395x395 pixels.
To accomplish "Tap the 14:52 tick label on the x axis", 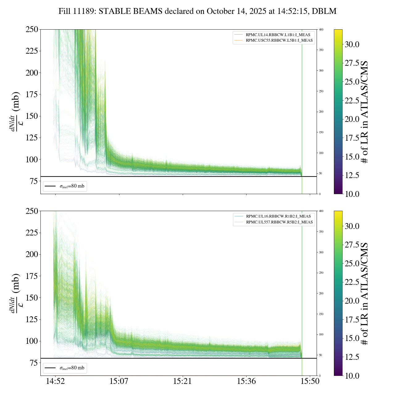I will (x=55, y=381).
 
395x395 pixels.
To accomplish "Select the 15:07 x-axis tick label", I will (x=119, y=381).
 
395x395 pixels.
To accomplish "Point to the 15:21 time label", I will (x=183, y=381).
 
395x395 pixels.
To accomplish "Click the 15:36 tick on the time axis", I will (x=246, y=381).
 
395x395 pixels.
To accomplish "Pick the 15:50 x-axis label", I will (x=310, y=381).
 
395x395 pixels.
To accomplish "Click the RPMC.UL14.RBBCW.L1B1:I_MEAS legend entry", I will (x=278, y=35).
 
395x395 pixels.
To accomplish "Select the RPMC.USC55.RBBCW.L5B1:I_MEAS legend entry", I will (x=279, y=40).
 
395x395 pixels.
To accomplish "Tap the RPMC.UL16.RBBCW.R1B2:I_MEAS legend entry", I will (x=278, y=216).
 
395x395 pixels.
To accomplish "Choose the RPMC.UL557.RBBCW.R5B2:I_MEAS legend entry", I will (x=279, y=222).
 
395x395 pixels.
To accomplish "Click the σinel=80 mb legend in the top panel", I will (x=72, y=186).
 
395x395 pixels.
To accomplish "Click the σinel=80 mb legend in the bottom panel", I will (x=72, y=368).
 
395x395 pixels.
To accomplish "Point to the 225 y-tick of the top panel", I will (x=32, y=51).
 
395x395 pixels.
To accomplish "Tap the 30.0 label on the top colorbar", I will (x=352, y=44).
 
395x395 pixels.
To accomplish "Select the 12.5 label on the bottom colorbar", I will (x=352, y=357).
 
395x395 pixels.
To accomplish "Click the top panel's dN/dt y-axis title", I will (x=15, y=111).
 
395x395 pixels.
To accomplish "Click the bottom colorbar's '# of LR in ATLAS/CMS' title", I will (x=365, y=293).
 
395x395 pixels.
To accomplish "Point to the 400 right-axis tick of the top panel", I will (x=321, y=30).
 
